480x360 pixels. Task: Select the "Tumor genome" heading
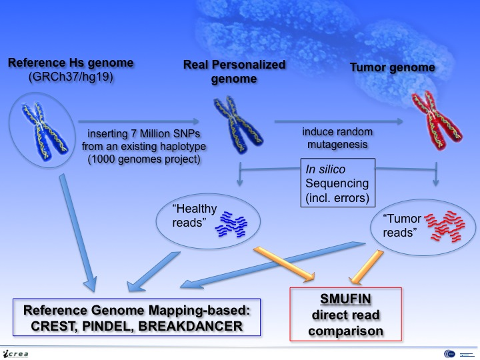[x=422, y=67]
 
